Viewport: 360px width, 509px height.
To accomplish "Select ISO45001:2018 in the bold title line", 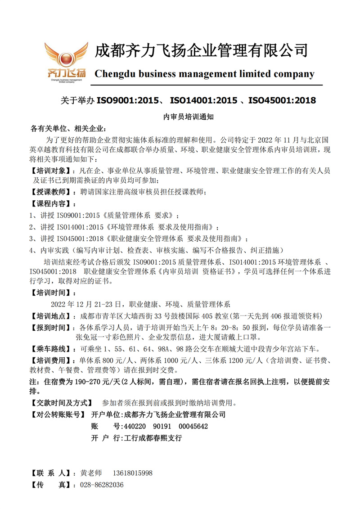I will [x=282, y=100].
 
